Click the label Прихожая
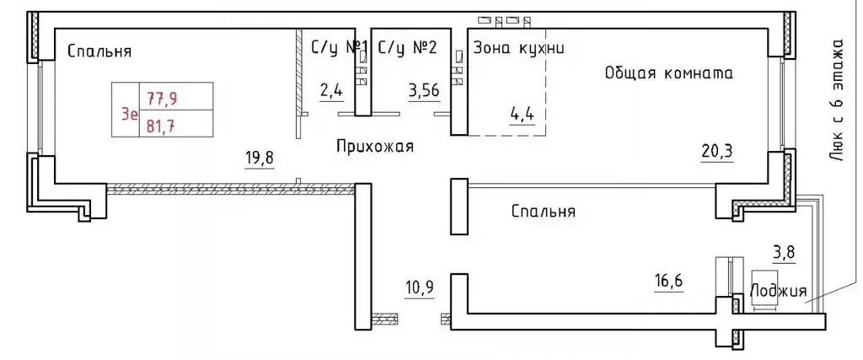point(375,147)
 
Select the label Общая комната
point(668,73)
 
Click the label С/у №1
point(341,48)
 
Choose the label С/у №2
point(408,48)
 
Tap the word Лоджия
point(776,291)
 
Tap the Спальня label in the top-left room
point(99,51)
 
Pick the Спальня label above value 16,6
point(544,212)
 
